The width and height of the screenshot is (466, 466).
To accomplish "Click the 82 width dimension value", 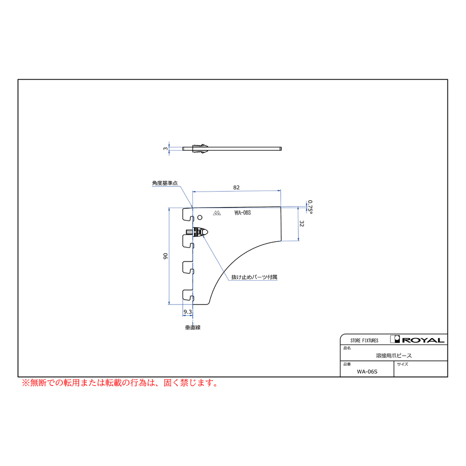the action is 236,187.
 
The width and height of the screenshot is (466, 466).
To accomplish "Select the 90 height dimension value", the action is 166,256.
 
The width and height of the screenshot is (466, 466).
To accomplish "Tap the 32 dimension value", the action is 302,224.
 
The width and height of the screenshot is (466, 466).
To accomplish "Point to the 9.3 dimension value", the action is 187,312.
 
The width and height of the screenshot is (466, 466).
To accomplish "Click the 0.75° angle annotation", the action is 310,207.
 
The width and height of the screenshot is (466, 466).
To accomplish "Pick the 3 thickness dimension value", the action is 166,149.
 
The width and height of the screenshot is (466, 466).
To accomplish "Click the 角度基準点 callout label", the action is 165,183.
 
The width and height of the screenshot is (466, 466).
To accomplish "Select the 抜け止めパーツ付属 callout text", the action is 254,277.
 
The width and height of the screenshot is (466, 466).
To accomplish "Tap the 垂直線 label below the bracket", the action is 193,328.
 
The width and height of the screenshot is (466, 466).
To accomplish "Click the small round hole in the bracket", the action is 200,217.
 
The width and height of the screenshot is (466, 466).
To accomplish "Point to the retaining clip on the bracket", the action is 197,232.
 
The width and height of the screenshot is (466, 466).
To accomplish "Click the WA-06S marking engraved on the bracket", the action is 242,213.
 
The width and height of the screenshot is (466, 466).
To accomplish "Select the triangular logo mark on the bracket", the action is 217,213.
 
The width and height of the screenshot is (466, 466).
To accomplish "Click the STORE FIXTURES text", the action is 365,341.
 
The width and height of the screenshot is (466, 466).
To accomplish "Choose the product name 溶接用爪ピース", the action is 394,356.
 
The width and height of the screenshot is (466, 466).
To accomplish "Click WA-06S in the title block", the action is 367,371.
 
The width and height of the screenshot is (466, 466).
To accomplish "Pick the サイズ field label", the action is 403,364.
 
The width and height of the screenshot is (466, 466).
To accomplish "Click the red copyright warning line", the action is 120,383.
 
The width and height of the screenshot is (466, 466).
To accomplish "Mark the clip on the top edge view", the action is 200,149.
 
